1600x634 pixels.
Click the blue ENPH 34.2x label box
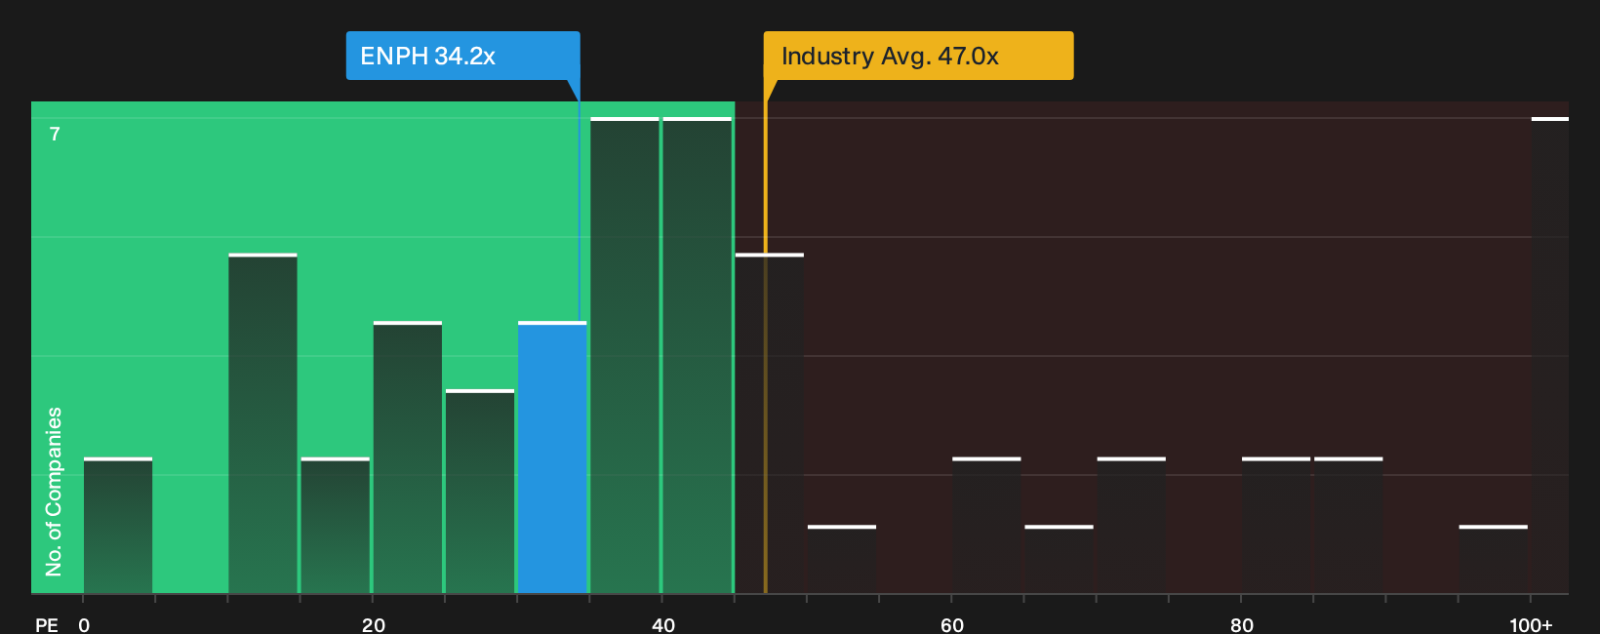[462, 56]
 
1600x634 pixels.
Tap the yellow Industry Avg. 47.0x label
[918, 56]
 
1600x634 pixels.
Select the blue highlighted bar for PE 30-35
[552, 457]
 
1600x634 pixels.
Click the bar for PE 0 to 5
[118, 526]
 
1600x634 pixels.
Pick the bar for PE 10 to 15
[262, 423]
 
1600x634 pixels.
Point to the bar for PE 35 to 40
[625, 356]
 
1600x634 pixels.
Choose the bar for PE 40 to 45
[698, 356]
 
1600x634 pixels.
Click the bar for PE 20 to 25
[408, 457]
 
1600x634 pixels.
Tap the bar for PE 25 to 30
[480, 492]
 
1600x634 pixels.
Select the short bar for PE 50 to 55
[842, 560]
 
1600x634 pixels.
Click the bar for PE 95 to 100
[1494, 560]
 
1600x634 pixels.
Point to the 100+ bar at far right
[1550, 356]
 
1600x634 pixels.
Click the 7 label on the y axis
[55, 134]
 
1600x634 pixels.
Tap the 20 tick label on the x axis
[374, 625]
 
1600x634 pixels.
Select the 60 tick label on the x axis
[952, 625]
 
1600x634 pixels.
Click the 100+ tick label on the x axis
[1532, 625]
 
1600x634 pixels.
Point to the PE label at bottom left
[47, 625]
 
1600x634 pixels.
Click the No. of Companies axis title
[54, 492]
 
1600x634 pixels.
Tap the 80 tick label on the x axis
[1242, 625]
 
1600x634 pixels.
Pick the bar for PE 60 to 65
[986, 526]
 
